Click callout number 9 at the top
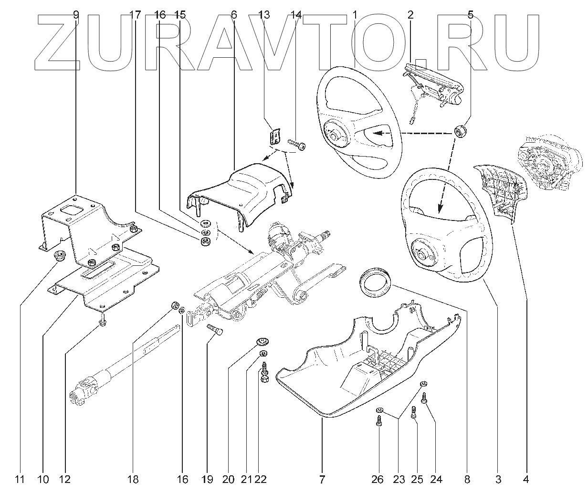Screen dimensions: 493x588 pyautogui.click(x=76, y=15)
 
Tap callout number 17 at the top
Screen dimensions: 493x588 pyautogui.click(x=136, y=15)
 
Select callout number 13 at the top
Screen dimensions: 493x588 pyautogui.click(x=264, y=15)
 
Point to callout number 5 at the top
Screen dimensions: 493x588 pyautogui.click(x=471, y=15)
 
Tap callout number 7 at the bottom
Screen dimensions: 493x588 pyautogui.click(x=323, y=479)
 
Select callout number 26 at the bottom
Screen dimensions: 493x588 pyautogui.click(x=378, y=479)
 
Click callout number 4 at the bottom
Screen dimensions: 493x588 pyautogui.click(x=526, y=479)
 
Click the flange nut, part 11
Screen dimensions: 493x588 pyautogui.click(x=60, y=255)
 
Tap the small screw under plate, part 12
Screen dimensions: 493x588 pyautogui.click(x=102, y=323)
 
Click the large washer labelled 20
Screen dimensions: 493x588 pyautogui.click(x=261, y=341)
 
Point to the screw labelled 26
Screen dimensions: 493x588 pyautogui.click(x=378, y=421)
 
